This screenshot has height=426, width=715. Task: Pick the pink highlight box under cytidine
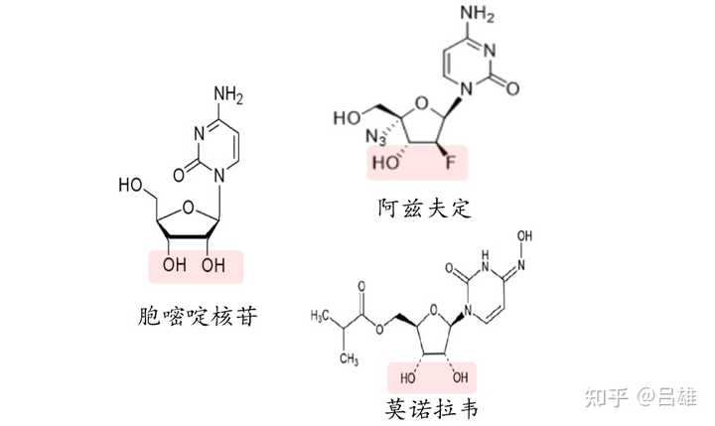195,265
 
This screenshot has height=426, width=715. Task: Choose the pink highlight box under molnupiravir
431,377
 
